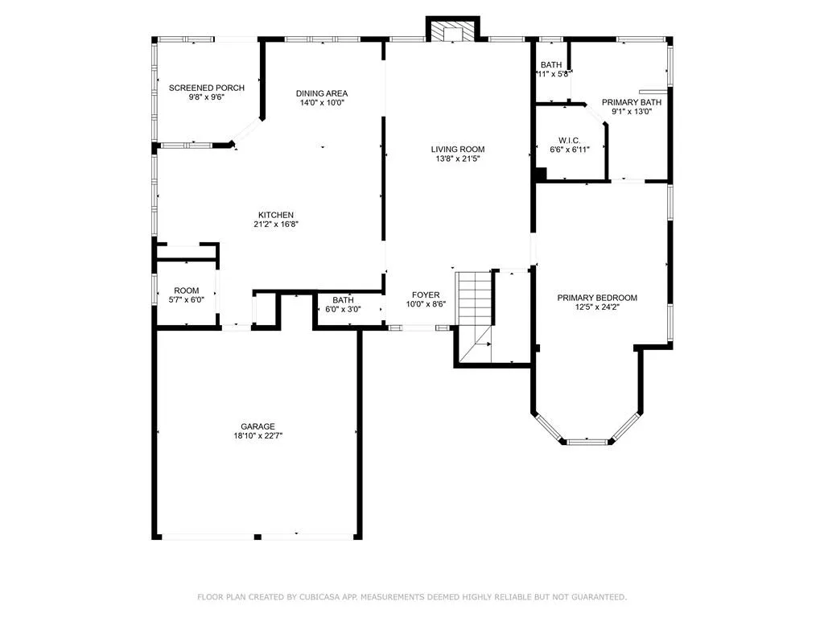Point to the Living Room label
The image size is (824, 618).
[x=457, y=149]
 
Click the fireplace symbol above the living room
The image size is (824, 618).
[x=452, y=31]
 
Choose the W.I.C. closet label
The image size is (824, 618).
[x=570, y=140]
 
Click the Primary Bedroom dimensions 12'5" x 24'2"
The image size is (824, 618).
[x=597, y=307]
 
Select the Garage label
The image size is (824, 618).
[x=257, y=426]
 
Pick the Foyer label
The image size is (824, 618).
[x=426, y=295]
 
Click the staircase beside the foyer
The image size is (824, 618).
[x=475, y=310]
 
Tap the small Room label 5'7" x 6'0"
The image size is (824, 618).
[x=186, y=290]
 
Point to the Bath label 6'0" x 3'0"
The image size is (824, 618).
[x=342, y=299]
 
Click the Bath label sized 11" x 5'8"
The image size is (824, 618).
[x=551, y=65]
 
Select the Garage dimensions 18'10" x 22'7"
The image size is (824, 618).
[x=257, y=436]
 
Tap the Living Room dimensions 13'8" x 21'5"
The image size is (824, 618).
[x=457, y=159]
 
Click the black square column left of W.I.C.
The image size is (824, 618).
[x=541, y=173]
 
